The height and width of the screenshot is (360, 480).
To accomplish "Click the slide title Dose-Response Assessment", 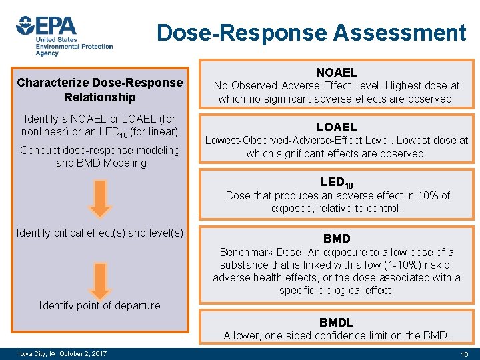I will coord(311,32).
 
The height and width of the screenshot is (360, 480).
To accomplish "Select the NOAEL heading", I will coord(336,72).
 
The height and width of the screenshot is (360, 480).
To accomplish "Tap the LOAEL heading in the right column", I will coord(336,127).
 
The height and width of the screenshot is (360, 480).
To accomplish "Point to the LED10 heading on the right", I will coord(337,182).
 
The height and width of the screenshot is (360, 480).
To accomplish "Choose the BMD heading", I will coord(336,238).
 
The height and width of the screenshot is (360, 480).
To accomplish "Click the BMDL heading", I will coord(336,322).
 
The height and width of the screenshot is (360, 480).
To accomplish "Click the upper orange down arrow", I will coord(99,199).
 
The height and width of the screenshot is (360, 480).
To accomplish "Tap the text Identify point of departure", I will coord(99,305).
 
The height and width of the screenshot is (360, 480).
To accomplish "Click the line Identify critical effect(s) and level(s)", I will coord(99,233).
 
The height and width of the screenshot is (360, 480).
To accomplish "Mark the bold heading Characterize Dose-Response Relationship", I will coord(99,90).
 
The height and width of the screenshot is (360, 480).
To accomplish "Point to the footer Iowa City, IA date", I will coord(64,353).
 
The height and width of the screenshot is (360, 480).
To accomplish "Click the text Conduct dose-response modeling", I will coord(99,150).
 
